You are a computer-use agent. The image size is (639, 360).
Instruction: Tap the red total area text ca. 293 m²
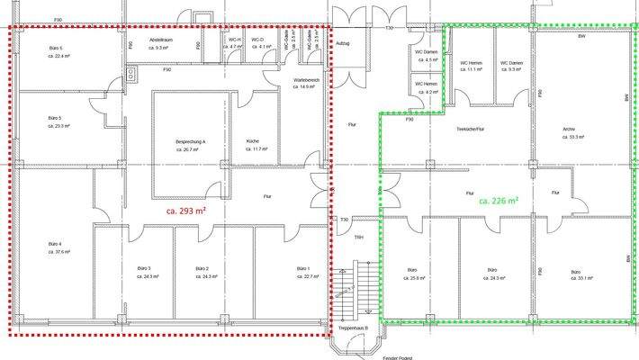(187, 211)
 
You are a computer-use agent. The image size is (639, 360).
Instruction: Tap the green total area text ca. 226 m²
(498, 201)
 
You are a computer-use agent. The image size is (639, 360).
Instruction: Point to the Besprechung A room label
(191, 142)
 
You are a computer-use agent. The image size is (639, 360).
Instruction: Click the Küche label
(253, 141)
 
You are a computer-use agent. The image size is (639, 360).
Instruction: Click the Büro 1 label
(303, 269)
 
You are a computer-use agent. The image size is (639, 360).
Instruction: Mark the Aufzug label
(342, 42)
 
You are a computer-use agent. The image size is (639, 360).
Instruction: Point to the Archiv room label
(569, 129)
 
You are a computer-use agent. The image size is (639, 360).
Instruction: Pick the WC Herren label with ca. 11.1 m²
(472, 62)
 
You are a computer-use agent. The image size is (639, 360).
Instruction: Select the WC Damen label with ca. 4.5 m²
(426, 50)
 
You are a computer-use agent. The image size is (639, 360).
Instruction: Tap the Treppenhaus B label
(354, 329)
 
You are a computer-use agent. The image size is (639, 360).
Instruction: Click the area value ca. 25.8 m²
(412, 279)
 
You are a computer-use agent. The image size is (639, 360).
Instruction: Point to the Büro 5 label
(56, 118)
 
